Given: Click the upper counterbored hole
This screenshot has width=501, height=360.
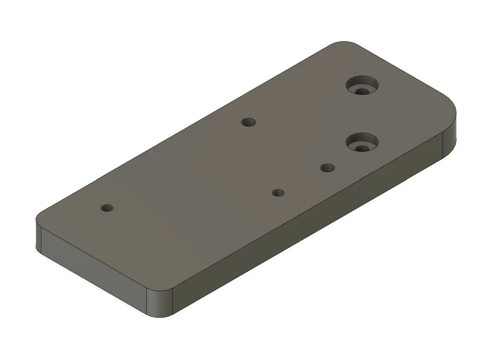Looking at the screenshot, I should [361, 84].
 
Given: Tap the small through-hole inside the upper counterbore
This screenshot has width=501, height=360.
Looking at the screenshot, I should [362, 91].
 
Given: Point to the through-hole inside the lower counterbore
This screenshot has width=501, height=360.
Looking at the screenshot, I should [362, 148].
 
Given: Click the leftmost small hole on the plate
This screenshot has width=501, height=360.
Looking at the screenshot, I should [106, 207].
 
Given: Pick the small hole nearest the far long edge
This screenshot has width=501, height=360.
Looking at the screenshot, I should [248, 122].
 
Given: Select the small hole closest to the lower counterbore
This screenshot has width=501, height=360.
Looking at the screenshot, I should [327, 168].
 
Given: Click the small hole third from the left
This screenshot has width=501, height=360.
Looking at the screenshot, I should [278, 192].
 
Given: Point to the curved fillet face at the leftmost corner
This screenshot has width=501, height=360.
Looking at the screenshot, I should [39, 238].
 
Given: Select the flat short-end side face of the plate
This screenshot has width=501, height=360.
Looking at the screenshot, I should [92, 268].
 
